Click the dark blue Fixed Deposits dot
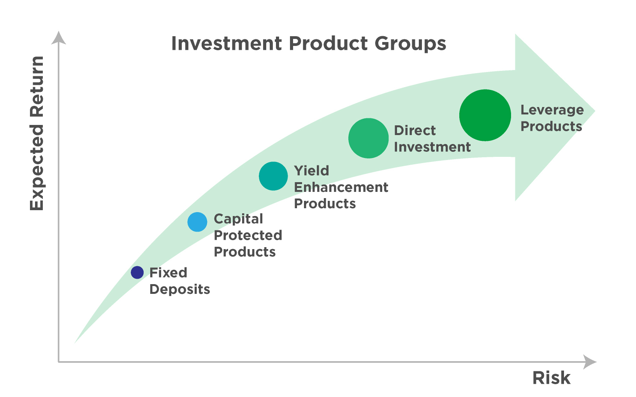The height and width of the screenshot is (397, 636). point(137,272)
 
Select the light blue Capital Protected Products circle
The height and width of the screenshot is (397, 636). point(197,222)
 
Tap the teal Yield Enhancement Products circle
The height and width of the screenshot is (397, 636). point(273,176)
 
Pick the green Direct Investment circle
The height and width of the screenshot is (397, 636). point(368,138)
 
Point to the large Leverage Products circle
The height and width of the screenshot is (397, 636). point(485,115)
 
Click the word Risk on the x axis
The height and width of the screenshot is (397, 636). point(551,378)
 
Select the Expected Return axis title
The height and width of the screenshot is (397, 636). point(37,134)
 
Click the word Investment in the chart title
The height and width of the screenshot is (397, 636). point(226,43)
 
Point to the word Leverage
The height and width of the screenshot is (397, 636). point(552,110)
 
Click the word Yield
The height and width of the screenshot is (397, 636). point(311,171)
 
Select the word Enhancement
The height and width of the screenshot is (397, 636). point(341,187)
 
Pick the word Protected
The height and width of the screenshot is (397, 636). point(248,235)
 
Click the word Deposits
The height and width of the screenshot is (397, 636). point(179,289)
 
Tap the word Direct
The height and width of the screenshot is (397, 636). point(415,130)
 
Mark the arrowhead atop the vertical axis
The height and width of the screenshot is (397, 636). point(58,38)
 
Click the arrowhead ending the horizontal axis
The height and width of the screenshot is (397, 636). point(590,362)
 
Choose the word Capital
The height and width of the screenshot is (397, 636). point(238,219)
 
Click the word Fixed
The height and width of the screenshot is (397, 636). point(168,272)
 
